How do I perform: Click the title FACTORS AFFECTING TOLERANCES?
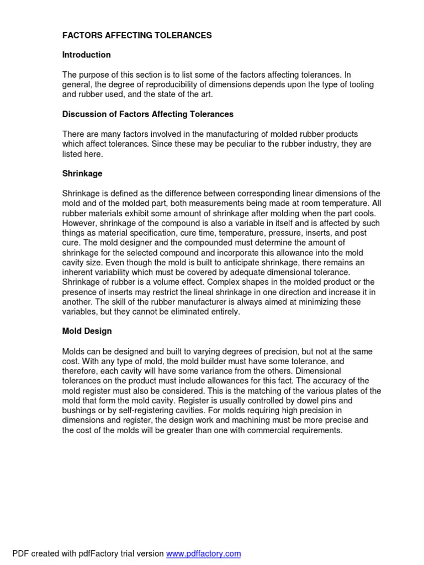136,35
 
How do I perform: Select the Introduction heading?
86,55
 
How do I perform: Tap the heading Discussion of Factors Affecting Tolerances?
147,114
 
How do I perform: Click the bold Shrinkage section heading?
82,173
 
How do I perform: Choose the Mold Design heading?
87,331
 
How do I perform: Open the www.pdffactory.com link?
203,553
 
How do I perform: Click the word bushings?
79,411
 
